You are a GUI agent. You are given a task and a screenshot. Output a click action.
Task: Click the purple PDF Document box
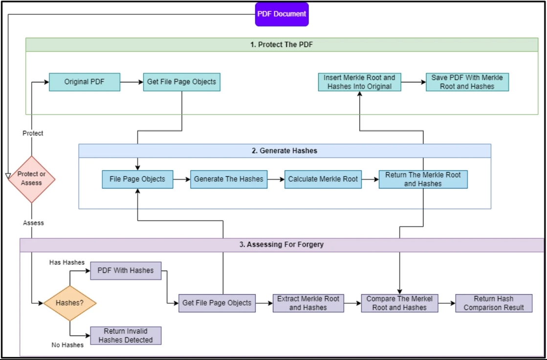(282, 14)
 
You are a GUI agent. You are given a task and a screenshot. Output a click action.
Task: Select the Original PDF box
(85, 82)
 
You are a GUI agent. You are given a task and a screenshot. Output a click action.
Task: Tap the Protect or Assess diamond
(31, 179)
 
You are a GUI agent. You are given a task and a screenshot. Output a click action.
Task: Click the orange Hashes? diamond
(70, 303)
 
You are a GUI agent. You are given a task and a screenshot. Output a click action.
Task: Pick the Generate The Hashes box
(229, 179)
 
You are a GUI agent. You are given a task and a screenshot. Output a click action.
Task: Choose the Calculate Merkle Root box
(323, 179)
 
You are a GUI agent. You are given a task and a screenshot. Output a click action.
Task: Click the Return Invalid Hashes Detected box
(126, 336)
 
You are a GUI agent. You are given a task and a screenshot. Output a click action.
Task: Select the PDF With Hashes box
(126, 271)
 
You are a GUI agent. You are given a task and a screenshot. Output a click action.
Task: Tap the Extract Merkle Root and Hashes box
(308, 303)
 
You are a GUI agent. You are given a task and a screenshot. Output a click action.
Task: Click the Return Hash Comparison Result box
(494, 303)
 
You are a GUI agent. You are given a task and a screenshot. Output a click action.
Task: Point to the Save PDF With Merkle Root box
(467, 82)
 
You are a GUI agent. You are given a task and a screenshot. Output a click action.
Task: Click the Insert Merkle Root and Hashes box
(359, 82)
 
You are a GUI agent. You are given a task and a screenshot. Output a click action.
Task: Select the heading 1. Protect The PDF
(283, 45)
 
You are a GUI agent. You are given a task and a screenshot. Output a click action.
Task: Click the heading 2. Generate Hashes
(284, 151)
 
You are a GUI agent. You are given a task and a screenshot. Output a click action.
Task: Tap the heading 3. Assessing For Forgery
(282, 245)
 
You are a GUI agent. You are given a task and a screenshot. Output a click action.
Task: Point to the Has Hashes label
(67, 262)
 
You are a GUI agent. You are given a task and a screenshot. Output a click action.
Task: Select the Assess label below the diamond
(34, 223)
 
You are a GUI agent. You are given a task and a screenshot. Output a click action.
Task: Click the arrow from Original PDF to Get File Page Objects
(132, 82)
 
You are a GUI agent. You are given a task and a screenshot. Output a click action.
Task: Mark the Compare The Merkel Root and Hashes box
(399, 303)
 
